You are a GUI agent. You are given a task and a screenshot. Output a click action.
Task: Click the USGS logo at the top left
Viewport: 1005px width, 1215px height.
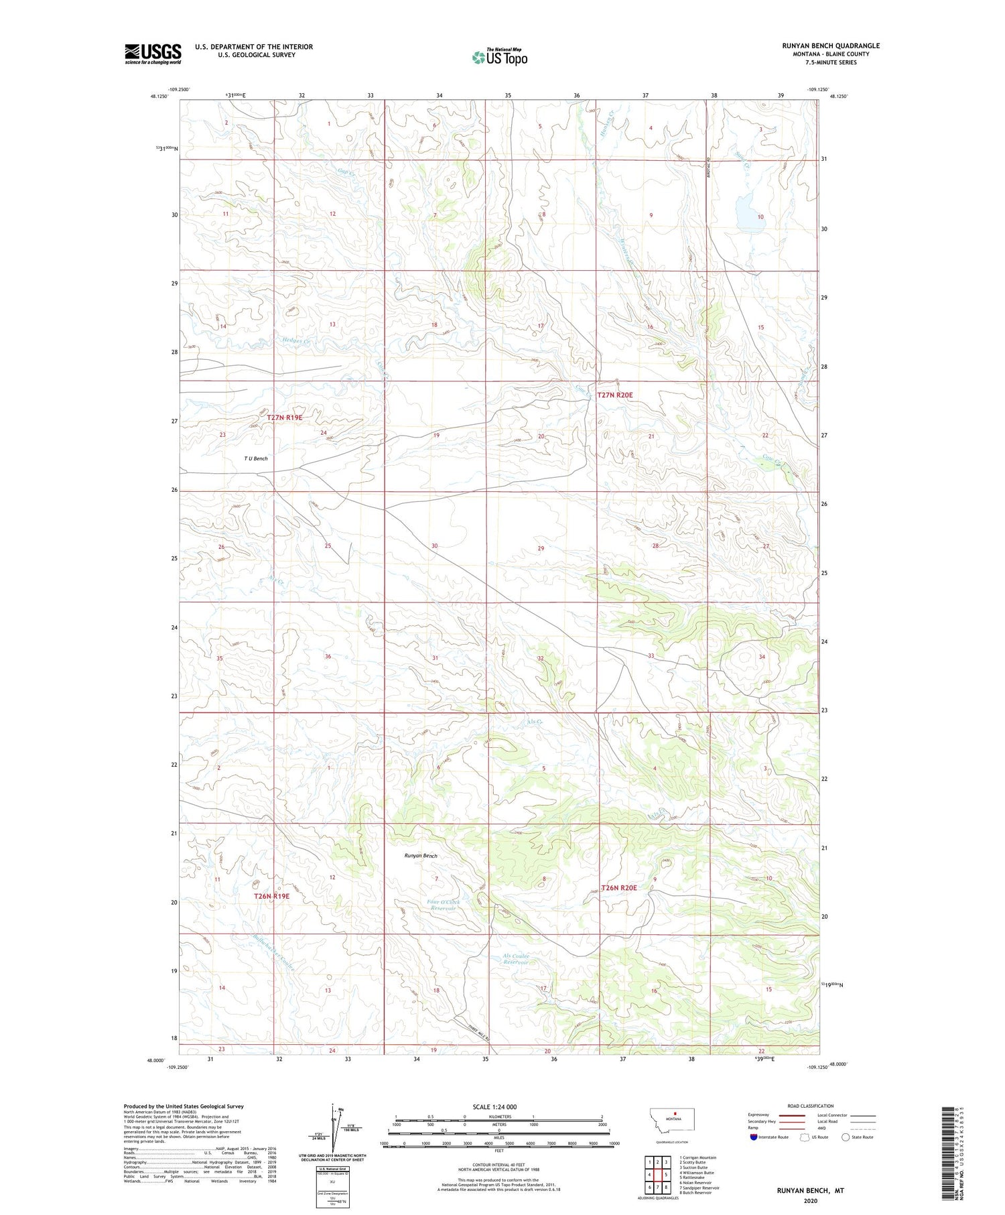(x=153, y=54)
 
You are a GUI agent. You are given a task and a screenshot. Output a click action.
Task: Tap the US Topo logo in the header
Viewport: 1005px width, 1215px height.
(x=499, y=58)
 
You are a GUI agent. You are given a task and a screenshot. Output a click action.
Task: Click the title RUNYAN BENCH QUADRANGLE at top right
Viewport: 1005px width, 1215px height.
(x=831, y=46)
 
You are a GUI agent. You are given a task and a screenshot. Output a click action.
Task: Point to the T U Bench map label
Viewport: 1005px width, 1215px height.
(x=256, y=458)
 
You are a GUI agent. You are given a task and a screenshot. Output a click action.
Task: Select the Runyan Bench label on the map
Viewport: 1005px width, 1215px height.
(x=421, y=856)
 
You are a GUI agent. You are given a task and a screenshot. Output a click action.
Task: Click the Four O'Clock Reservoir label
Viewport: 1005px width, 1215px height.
(x=444, y=905)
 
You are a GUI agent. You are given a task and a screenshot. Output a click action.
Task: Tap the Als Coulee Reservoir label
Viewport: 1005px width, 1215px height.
(x=516, y=959)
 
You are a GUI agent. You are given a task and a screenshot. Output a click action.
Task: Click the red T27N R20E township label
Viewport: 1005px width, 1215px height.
(x=614, y=395)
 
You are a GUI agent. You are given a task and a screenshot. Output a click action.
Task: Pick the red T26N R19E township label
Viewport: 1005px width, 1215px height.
(x=271, y=896)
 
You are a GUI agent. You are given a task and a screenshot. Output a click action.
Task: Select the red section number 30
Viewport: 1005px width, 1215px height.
(x=434, y=546)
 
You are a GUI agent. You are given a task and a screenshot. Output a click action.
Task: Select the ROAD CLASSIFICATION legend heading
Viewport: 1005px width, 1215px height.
(x=811, y=1106)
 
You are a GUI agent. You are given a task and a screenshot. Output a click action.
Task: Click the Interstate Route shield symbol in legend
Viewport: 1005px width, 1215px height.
(x=753, y=1137)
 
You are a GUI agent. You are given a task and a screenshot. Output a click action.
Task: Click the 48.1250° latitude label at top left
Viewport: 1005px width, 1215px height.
(x=159, y=97)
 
